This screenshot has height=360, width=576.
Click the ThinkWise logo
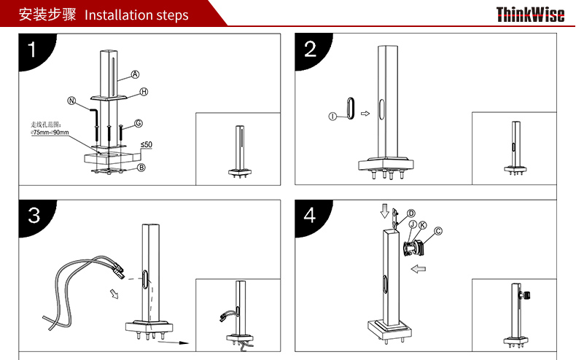530,15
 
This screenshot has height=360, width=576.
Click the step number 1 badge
36,50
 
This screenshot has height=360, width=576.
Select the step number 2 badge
311,50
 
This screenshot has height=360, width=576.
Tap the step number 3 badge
36,216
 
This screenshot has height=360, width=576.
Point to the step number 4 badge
311,216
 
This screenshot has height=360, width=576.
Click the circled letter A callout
135,74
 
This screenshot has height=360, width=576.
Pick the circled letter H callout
144,92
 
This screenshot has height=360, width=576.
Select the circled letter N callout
71,101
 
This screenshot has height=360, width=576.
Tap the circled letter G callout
139,123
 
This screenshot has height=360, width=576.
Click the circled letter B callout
141,168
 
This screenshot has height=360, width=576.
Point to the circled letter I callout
332,117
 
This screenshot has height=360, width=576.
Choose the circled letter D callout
411,214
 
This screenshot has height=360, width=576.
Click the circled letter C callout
438,231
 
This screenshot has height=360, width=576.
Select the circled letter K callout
423,225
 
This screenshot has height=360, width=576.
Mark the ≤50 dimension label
147,145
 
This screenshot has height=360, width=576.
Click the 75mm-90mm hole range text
50,132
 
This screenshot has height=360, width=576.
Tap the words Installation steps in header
136,15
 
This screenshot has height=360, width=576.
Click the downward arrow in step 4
385,211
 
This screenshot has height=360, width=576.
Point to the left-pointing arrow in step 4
418,269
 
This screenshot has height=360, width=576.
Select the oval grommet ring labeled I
347,108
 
